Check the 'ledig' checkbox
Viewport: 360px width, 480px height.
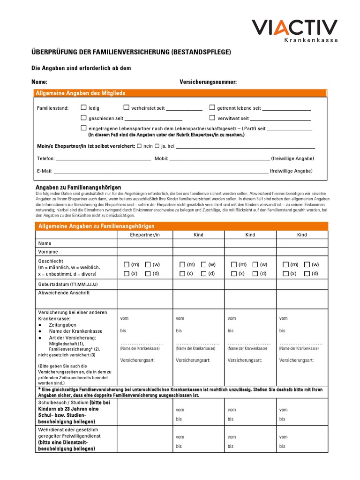[84, 108]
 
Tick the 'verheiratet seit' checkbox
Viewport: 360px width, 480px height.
[127, 108]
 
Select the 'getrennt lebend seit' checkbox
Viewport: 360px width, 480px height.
[212, 108]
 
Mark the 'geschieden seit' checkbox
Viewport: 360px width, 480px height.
[84, 118]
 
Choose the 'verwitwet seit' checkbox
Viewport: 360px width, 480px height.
[212, 118]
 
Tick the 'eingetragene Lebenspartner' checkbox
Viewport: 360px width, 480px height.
[84, 128]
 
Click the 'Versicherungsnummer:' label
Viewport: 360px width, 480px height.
[208, 82]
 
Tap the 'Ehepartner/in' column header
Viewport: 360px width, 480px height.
[145, 235]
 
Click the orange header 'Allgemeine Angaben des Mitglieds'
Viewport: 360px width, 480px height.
[81, 93]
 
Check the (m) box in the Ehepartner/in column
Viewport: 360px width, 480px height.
[127, 265]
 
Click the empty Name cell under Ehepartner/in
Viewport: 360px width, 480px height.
[145, 243]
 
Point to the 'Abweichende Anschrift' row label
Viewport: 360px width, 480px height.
[63, 293]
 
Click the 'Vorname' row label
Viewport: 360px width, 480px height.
[48, 252]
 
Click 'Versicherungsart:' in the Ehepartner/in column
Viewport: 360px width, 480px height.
[137, 360]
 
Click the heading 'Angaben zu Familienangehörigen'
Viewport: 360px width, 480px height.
[78, 187]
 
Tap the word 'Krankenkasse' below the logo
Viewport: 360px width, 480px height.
[311, 41]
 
